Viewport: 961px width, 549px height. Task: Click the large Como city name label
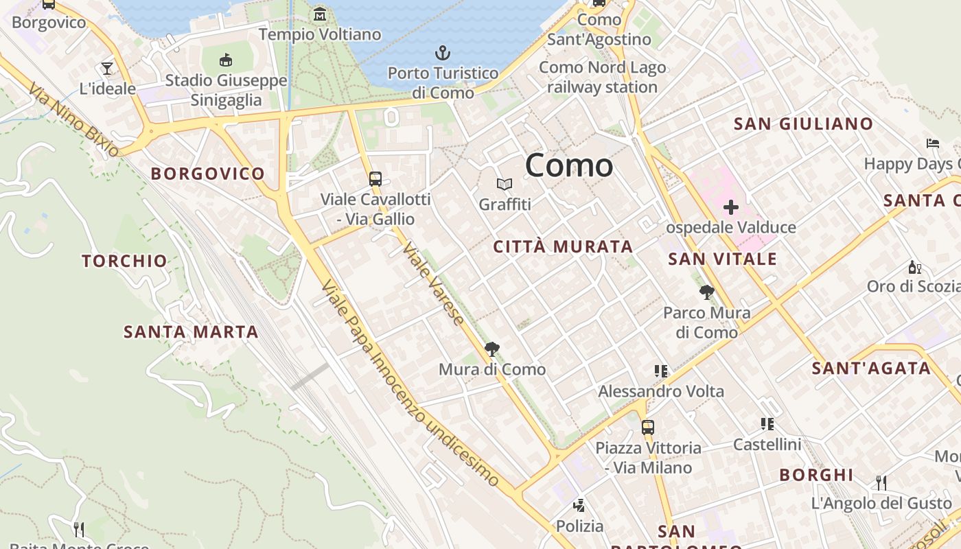click(569, 166)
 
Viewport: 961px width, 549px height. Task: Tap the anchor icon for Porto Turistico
click(443, 53)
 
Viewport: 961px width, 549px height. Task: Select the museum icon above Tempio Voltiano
click(320, 14)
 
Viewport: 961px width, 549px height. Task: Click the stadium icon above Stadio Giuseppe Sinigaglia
click(226, 60)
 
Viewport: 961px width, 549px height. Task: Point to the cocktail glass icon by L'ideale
click(107, 68)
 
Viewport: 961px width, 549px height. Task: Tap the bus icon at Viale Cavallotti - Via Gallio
click(375, 179)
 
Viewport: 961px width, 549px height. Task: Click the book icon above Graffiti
click(505, 184)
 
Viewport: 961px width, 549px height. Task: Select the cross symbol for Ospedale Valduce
click(731, 207)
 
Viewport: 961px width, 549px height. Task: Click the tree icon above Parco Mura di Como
click(706, 293)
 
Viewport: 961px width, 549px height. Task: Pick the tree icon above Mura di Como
click(491, 349)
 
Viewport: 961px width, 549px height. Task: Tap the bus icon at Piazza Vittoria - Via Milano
click(648, 428)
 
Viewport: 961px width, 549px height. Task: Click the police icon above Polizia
click(579, 506)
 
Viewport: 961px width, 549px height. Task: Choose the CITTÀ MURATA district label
click(563, 247)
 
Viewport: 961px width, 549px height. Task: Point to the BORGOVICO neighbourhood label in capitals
click(207, 174)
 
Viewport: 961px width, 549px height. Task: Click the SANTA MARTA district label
click(191, 332)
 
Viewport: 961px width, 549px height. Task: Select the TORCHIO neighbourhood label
click(124, 261)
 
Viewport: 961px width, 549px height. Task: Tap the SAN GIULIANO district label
click(803, 124)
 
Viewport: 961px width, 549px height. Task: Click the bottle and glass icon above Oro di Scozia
click(914, 267)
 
